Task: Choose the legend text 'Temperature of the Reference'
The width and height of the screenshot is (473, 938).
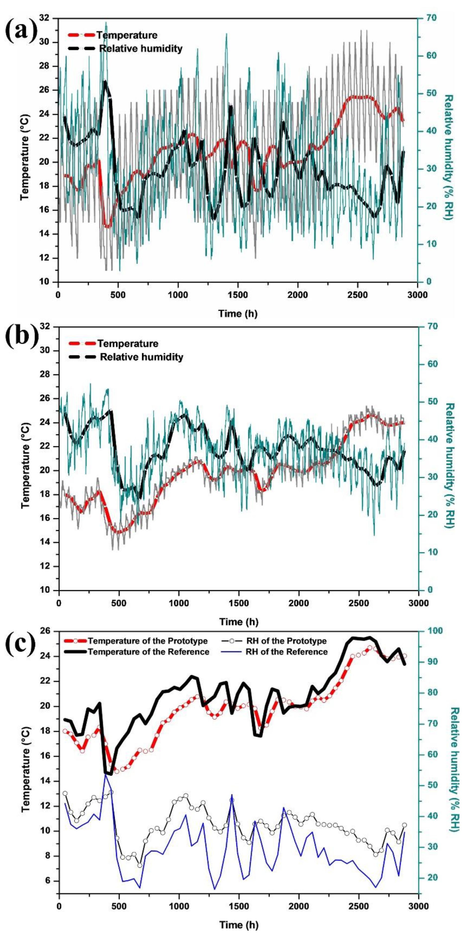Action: [148, 652]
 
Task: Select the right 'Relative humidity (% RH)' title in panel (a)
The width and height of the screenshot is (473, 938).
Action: [449, 157]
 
